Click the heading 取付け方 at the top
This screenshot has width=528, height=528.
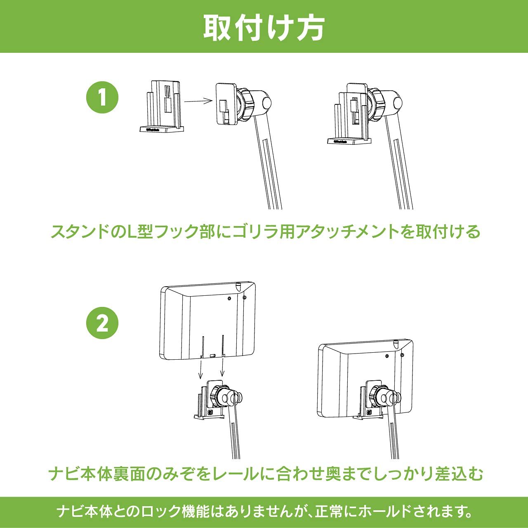(264, 28)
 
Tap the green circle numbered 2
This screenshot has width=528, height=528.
(102, 323)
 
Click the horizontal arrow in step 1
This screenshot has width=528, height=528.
(198, 101)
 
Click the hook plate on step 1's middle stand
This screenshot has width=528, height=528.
(226, 104)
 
